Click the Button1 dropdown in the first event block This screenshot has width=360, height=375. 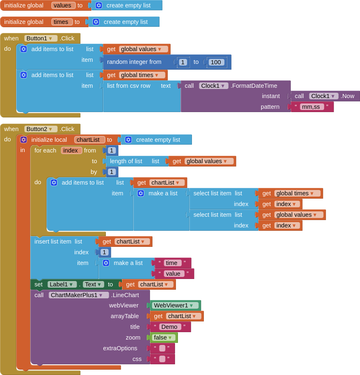click(x=41, y=38)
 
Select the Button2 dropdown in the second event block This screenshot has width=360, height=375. click(x=41, y=129)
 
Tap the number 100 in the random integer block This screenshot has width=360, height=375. click(x=216, y=62)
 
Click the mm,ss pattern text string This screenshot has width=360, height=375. click(x=311, y=107)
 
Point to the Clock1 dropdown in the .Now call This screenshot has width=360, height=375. click(x=323, y=96)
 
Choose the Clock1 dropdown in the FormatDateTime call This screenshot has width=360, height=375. click(x=213, y=86)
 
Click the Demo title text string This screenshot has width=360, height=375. click(x=169, y=327)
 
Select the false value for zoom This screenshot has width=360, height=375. click(x=164, y=337)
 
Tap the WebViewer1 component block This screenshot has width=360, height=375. click(x=174, y=305)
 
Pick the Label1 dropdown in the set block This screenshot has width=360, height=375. click(x=62, y=284)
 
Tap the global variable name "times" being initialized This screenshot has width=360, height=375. click(x=62, y=22)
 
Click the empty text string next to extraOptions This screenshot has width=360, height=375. click(x=162, y=348)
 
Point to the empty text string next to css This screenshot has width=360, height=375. click(x=162, y=359)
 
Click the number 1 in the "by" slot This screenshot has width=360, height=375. click(x=112, y=172)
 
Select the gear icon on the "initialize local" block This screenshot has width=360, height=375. click(x=23, y=140)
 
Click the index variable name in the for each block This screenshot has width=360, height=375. click(x=71, y=150)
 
